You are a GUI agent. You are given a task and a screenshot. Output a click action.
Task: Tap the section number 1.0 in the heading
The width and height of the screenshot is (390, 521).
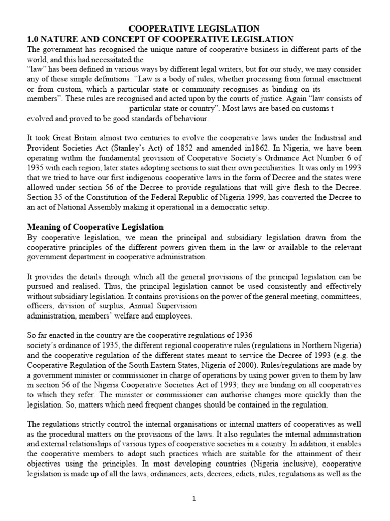pyautogui.click(x=34, y=39)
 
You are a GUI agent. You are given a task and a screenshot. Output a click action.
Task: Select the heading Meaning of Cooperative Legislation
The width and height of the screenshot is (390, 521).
pyautogui.click(x=95, y=227)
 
